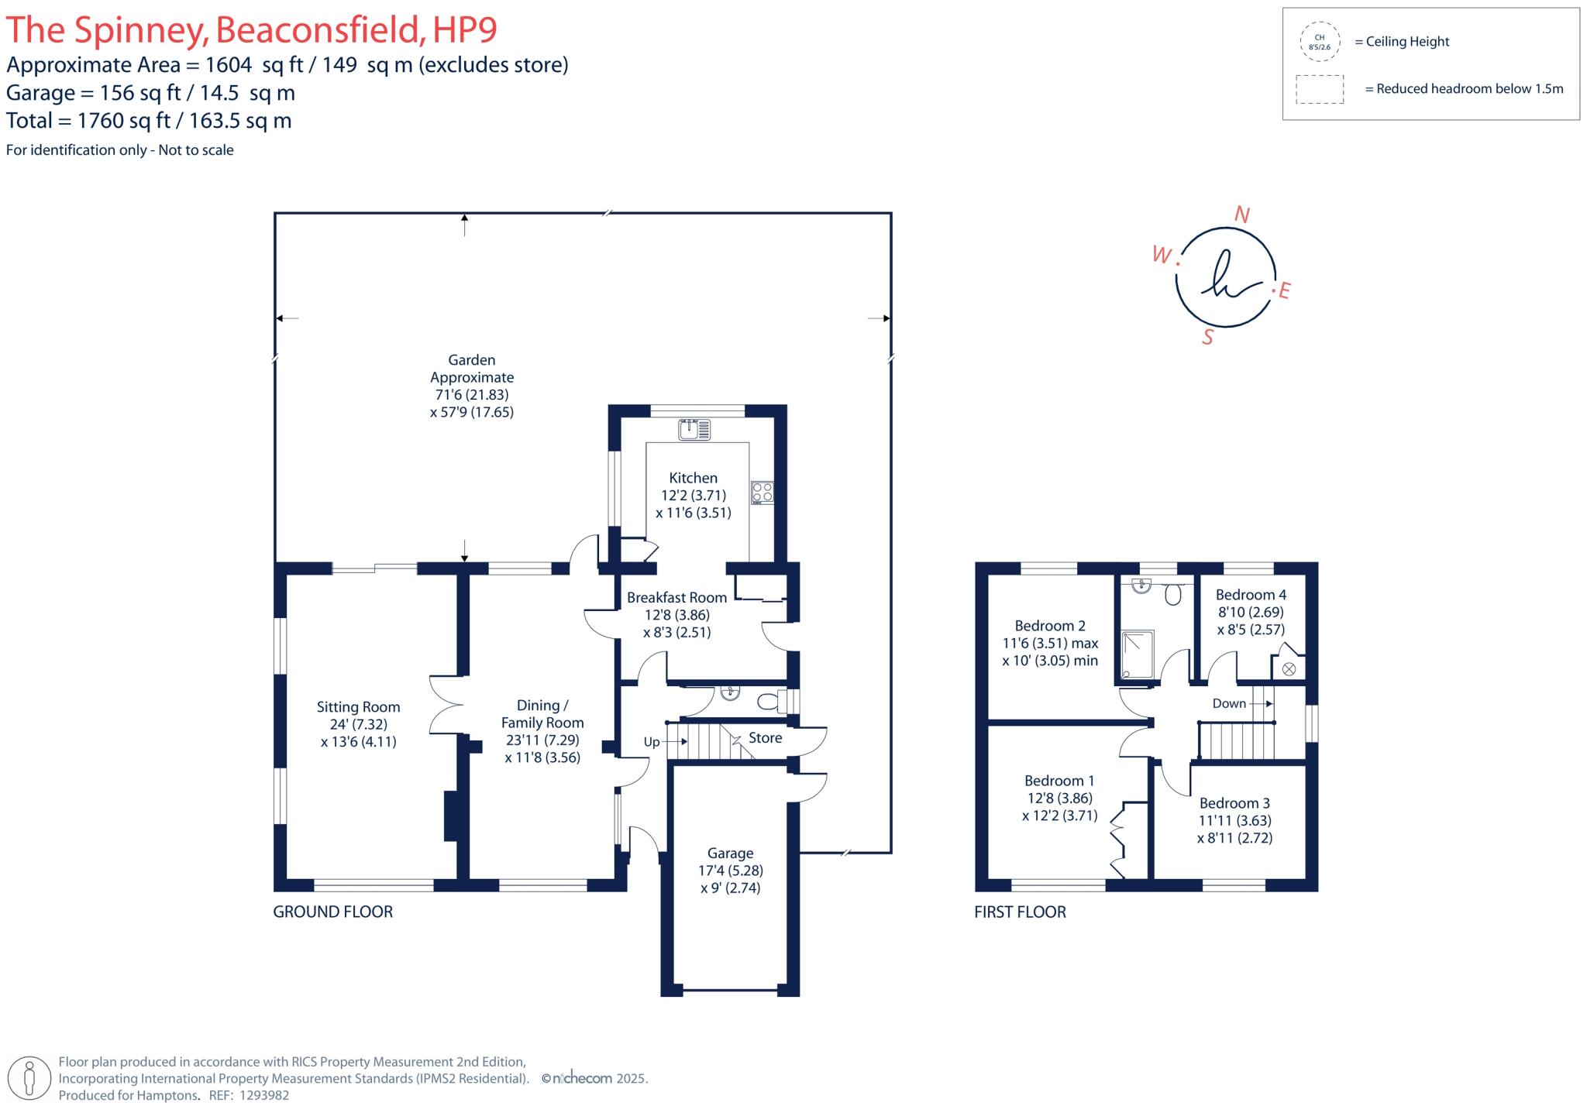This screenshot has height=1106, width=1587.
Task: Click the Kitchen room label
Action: pos(693,478)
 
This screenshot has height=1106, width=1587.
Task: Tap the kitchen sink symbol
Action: pos(694,429)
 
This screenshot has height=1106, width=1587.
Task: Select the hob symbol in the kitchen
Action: pos(762,493)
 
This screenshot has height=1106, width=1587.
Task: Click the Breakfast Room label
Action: pos(676,597)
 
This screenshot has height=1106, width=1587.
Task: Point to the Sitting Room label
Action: pos(358,706)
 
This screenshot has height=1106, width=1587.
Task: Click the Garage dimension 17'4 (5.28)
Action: pos(730,871)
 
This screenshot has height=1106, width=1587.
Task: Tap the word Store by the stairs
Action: pos(765,737)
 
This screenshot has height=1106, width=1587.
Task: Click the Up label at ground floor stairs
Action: pos(652,742)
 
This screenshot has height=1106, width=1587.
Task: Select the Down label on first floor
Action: pos(1229,703)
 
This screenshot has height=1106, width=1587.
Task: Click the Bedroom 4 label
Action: pos(1251,595)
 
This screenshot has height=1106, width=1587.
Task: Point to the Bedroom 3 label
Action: pos(1234,803)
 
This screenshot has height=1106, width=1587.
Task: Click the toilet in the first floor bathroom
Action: pos(1173,594)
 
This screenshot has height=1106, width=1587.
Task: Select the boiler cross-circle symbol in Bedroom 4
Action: pos(1289,668)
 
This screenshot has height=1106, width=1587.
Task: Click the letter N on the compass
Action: pos(1241,215)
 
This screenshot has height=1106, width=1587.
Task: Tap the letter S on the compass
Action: pos(1207,337)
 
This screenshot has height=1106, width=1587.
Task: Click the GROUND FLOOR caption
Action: pos(332,912)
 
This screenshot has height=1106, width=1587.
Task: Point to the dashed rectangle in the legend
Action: pos(1320,89)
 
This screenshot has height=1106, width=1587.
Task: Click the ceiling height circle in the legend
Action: pos(1319,42)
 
